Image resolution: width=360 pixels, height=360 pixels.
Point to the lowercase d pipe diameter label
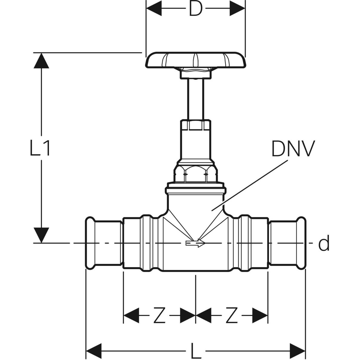324,243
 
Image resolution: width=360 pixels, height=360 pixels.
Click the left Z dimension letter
159,315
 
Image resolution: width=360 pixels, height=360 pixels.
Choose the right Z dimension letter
232,315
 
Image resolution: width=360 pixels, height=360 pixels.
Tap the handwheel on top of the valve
196,61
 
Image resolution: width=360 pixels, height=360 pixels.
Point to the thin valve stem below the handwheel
196,99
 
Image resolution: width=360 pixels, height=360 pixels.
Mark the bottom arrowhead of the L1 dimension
41,235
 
